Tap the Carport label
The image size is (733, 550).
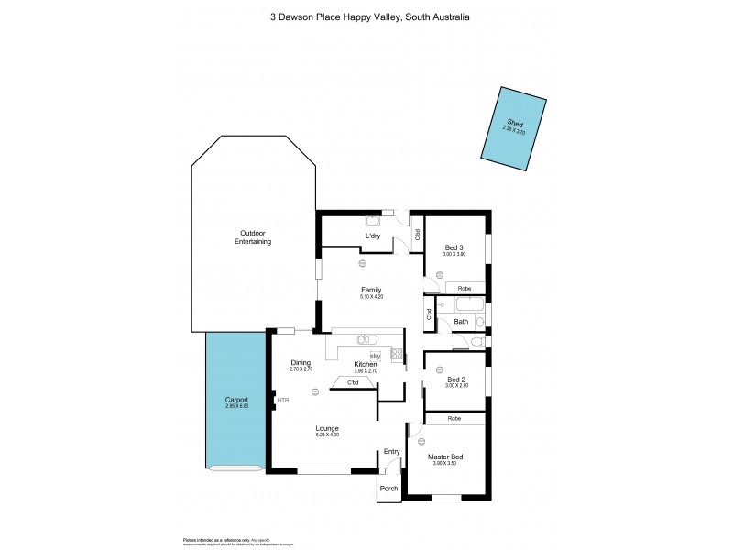[236, 400]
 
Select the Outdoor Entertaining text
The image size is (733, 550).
[253, 237]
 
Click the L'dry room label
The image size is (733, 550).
[373, 236]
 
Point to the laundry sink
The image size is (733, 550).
[374, 220]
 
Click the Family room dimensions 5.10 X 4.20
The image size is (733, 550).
[371, 297]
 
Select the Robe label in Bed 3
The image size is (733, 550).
[465, 289]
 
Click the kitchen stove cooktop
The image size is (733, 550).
[397, 354]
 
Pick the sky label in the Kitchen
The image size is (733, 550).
[374, 356]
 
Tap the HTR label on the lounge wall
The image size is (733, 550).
[283, 401]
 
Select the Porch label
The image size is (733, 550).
[389, 489]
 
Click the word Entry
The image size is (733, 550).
[392, 451]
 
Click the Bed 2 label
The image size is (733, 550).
[456, 379]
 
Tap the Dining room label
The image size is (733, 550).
[301, 362]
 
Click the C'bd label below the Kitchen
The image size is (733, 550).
[353, 382]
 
